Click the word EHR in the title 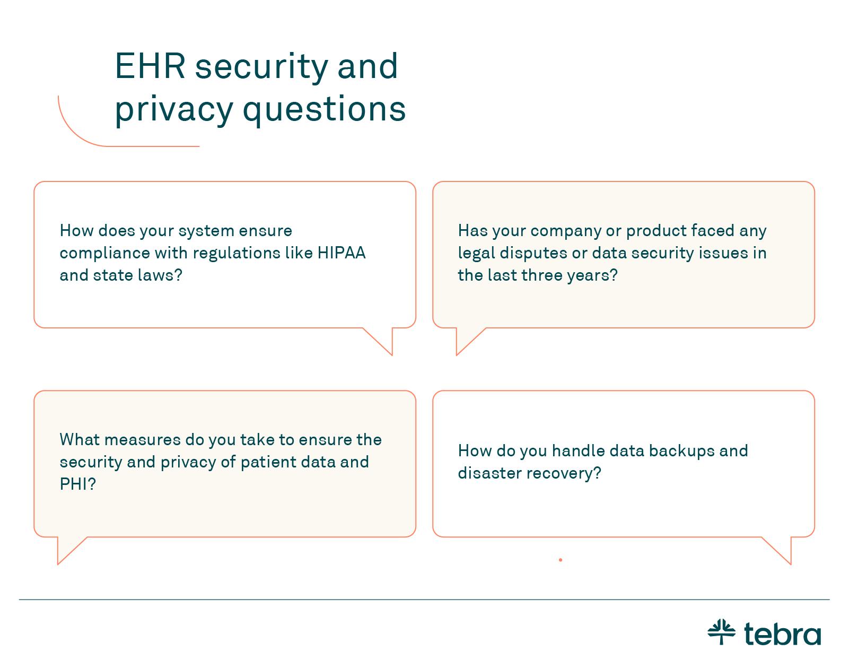(150, 66)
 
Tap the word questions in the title (324, 110)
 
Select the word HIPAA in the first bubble (342, 253)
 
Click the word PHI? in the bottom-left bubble (78, 484)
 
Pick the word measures (143, 440)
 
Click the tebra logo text (783, 634)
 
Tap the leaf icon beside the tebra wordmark (722, 632)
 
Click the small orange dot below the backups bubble (560, 560)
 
